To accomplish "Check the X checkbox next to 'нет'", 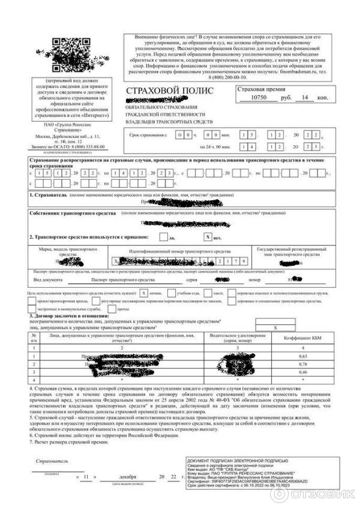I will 208,237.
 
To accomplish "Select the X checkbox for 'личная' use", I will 143,293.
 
